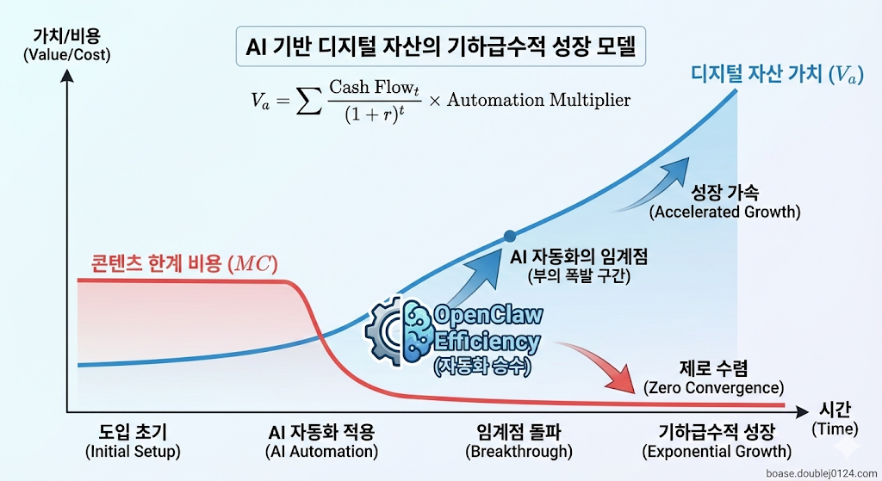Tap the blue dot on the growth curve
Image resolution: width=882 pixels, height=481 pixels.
pos(510,236)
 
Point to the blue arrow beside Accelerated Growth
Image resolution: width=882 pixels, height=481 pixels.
pos(657,188)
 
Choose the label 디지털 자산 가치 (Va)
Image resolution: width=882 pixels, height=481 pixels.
pos(775,76)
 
